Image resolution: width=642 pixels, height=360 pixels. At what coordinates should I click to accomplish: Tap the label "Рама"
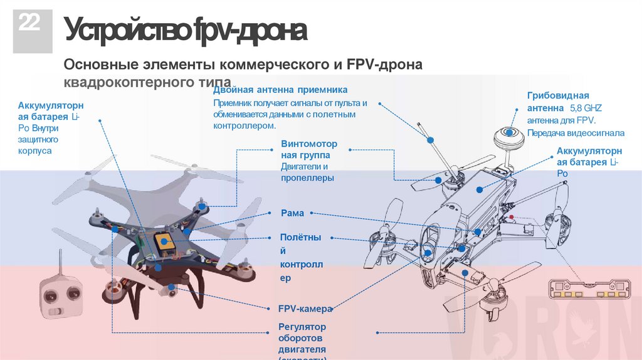(x=292, y=213)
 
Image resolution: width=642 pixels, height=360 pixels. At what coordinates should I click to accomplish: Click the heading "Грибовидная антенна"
(x=558, y=102)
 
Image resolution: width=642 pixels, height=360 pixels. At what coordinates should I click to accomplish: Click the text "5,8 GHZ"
(x=586, y=109)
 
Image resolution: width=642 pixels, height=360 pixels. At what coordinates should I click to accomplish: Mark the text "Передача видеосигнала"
(x=576, y=133)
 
